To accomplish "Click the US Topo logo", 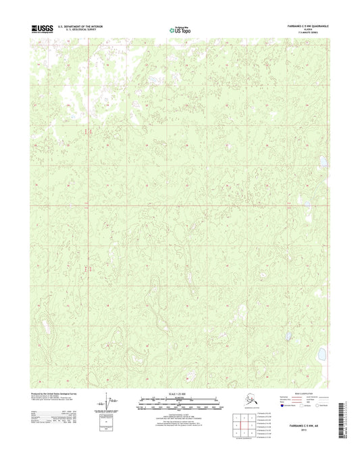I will [x=179, y=29].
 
